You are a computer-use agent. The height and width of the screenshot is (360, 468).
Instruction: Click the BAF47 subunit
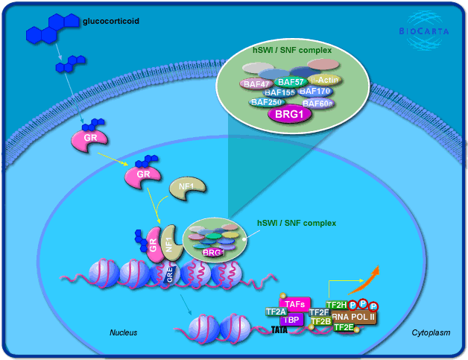click(x=256, y=83)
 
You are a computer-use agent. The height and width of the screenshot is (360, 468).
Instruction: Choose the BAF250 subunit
click(x=266, y=101)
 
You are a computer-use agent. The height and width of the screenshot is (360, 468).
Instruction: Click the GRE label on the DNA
click(x=169, y=274)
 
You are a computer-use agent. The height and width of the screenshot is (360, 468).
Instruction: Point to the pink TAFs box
click(x=296, y=305)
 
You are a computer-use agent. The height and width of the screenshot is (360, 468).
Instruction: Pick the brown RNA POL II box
click(x=354, y=317)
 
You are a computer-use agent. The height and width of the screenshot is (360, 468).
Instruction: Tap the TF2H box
click(x=337, y=306)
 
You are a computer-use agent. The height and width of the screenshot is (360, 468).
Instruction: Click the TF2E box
click(x=344, y=327)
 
